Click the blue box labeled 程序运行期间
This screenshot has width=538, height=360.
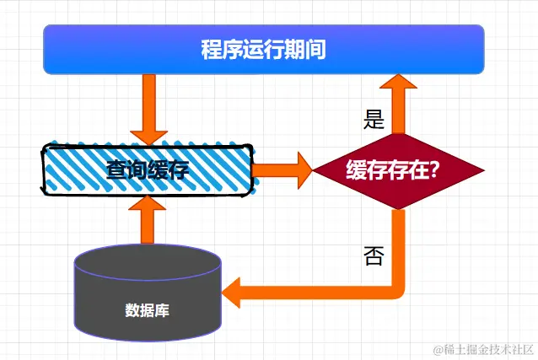point(263,49)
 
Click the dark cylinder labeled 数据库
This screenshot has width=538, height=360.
point(148,291)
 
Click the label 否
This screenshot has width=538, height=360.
point(373,255)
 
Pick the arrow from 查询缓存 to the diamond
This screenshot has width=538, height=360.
point(282,170)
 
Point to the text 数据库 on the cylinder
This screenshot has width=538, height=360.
point(148,309)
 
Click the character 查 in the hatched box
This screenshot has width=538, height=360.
point(117,169)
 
